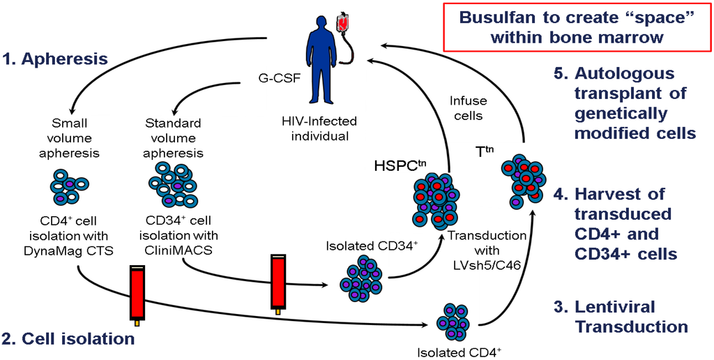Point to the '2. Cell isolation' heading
click(x=68, y=339)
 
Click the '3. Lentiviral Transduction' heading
click(x=631, y=316)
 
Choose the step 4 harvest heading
click(x=625, y=223)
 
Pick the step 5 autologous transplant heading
click(x=634, y=103)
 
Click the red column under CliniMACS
click(x=278, y=282)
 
